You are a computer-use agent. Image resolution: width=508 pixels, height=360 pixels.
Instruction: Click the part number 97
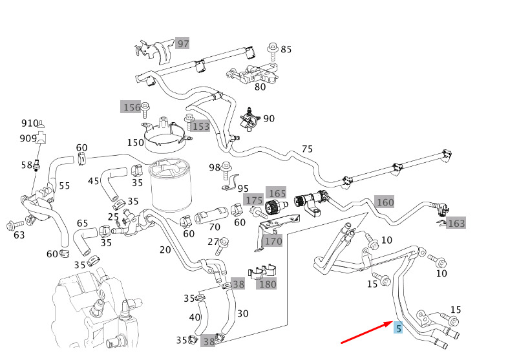[184, 43]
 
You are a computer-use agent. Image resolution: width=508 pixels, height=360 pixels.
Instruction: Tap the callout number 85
[286, 49]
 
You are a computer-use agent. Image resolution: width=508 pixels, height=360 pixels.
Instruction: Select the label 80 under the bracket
[260, 87]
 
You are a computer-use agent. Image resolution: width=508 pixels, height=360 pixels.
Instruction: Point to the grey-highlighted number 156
[131, 107]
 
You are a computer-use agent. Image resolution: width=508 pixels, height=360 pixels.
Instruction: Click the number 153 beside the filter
[200, 127]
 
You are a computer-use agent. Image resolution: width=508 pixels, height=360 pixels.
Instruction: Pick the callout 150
[135, 142]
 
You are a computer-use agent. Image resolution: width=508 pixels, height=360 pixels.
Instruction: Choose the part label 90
[269, 118]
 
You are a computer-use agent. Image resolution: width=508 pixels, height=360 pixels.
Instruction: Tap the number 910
[30, 123]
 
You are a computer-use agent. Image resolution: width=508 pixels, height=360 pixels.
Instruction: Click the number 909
[28, 138]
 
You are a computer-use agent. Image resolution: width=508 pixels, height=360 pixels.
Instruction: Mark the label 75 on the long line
[307, 149]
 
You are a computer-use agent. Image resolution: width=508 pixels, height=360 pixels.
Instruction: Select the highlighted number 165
[277, 193]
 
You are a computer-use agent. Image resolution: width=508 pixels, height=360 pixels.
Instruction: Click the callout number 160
[385, 202]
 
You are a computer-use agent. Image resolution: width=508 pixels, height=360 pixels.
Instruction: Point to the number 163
[456, 224]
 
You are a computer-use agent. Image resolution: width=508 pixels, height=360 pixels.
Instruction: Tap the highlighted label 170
[273, 242]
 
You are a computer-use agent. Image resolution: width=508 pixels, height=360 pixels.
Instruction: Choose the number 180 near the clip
[266, 284]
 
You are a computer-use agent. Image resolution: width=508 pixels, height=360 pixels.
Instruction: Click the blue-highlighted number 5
[399, 328]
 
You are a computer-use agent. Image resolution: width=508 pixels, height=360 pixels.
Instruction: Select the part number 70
[215, 228]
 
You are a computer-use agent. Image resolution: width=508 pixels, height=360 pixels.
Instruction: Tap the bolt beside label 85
[271, 48]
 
